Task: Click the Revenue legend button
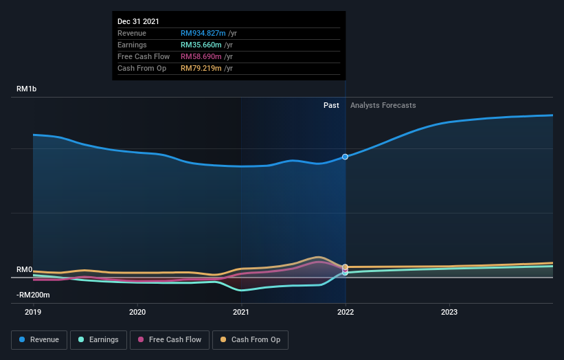click(39, 339)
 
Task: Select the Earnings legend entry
click(99, 339)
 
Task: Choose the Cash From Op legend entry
click(250, 339)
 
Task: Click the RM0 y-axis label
click(25, 270)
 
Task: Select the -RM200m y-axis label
click(34, 295)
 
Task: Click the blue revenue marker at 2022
click(345, 157)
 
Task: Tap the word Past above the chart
click(331, 105)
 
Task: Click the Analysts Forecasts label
click(383, 105)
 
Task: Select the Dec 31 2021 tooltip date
click(138, 21)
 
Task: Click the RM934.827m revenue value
click(203, 33)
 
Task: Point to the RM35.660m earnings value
click(201, 45)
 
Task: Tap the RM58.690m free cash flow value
click(201, 56)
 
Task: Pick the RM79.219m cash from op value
click(201, 68)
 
